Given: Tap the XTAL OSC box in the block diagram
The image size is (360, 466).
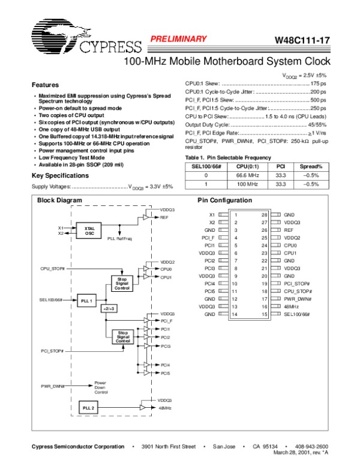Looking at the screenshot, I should (89, 231).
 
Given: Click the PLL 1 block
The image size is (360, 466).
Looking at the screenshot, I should (88, 299).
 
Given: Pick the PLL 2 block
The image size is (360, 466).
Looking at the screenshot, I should (88, 408).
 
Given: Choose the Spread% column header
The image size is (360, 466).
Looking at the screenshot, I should (311, 166).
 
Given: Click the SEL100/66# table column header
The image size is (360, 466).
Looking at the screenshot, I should (206, 166).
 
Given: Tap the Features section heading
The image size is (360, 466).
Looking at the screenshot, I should (45, 85).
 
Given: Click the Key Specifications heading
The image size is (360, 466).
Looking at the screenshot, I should (60, 175).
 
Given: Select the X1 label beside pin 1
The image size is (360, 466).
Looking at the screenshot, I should (212, 214).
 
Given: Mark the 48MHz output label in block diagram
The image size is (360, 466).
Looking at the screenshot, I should (166, 408).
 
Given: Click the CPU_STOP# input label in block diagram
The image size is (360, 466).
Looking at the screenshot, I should (53, 268).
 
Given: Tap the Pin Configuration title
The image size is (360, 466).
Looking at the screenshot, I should (225, 200).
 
